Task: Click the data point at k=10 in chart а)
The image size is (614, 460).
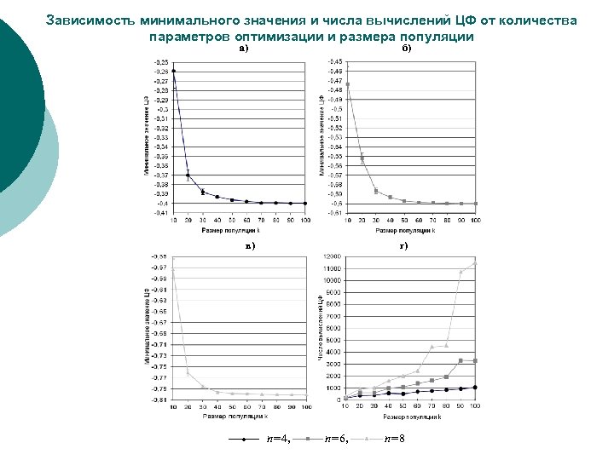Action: click(174, 71)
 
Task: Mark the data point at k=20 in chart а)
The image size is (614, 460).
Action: click(188, 175)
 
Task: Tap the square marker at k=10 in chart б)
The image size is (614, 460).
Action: click(348, 84)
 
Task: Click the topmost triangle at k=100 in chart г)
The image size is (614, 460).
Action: click(475, 263)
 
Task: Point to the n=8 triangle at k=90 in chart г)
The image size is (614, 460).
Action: click(460, 272)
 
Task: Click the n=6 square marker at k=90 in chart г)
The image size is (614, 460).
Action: click(460, 360)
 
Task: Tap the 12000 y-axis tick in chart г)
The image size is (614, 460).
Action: click(331, 256)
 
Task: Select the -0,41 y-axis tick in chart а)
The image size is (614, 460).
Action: click(160, 213)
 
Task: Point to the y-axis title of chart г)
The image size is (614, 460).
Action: click(321, 328)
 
